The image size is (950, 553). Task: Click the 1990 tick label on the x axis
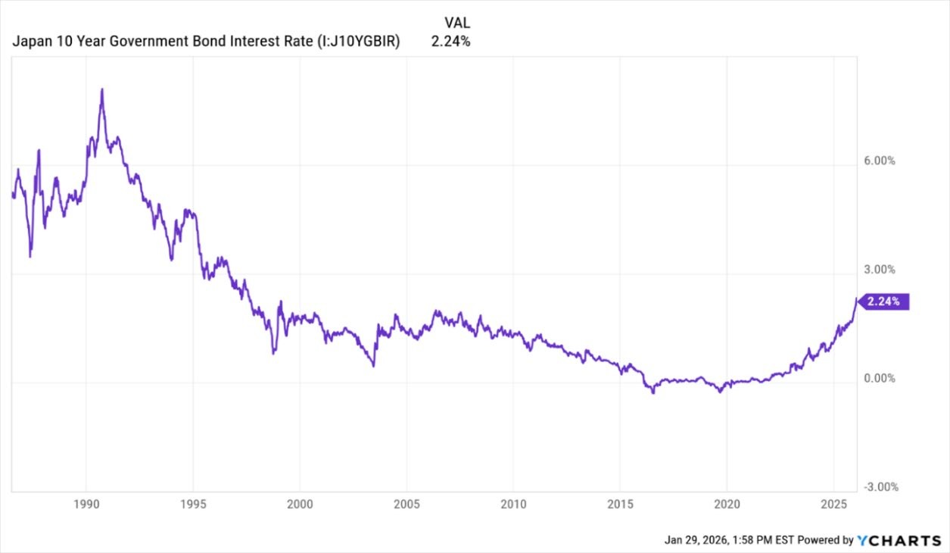(x=86, y=505)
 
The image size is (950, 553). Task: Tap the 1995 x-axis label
(x=193, y=505)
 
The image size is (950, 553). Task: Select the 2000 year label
(x=300, y=505)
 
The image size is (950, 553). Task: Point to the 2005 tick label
(x=406, y=505)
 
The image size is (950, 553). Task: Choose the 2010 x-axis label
(x=513, y=505)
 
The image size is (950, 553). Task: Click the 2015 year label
(x=620, y=505)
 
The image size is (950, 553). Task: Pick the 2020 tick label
(x=727, y=505)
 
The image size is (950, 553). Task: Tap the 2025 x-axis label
(x=833, y=505)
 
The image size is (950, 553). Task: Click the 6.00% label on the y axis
(x=879, y=161)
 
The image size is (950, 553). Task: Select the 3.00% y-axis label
(x=879, y=270)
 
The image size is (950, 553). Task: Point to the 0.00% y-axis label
(x=879, y=378)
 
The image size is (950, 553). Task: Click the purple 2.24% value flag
(x=883, y=301)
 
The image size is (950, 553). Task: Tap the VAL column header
(x=450, y=23)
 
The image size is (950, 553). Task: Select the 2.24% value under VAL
(x=450, y=42)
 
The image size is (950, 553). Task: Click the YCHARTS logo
(x=899, y=540)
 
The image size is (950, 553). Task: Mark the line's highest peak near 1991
(x=102, y=90)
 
